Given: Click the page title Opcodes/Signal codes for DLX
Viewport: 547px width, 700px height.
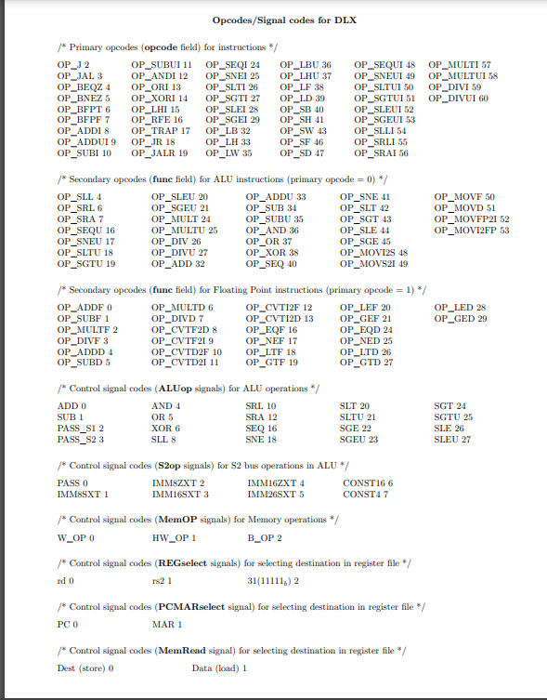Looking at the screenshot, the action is [x=273, y=19].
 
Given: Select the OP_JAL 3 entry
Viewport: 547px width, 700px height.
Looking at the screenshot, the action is [x=79, y=75].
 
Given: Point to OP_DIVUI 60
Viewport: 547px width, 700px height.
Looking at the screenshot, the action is [x=459, y=98].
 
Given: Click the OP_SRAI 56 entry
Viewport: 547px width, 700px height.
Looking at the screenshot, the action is [x=383, y=153].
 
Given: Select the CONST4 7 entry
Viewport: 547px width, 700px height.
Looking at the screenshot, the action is [x=366, y=495].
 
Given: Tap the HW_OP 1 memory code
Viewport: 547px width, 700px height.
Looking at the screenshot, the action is [x=174, y=538].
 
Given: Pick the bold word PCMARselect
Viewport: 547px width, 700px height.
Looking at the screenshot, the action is [x=206, y=607].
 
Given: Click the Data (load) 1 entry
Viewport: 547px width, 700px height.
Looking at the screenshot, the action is [x=218, y=668].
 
